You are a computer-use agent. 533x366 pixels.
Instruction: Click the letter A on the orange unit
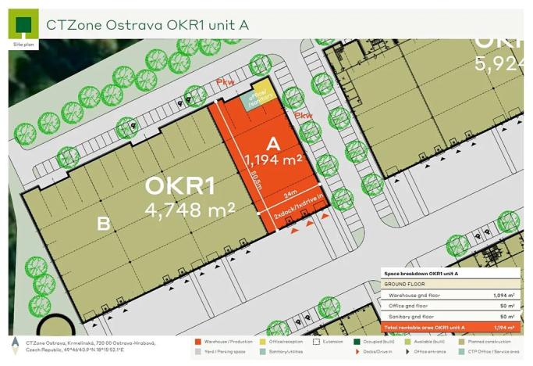[x=273, y=144]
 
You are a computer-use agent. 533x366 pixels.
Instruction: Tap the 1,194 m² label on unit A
[x=273, y=161]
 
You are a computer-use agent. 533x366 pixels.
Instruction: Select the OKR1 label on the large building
[x=179, y=188]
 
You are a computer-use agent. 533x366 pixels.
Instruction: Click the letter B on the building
[x=103, y=224]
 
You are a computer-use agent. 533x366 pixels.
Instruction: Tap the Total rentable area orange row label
[x=426, y=327]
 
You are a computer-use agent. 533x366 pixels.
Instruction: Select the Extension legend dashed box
[x=316, y=341]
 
